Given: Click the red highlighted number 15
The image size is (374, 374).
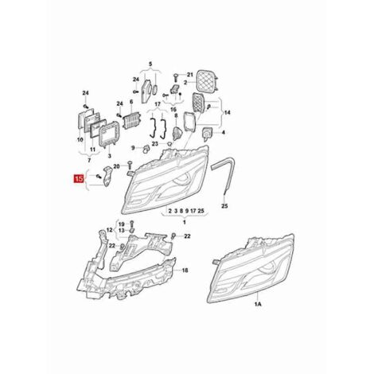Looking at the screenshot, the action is (x=79, y=179).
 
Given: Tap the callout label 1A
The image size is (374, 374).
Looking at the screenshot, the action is (x=258, y=304).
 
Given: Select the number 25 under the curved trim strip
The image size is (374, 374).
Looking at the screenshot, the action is (x=224, y=206).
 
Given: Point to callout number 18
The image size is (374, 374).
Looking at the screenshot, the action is (x=185, y=271).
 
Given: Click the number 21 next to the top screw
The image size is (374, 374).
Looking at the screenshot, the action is (x=190, y=75).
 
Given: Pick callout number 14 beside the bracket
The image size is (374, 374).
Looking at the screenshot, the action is (x=227, y=113).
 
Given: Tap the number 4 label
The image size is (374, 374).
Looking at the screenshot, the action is (x=224, y=132).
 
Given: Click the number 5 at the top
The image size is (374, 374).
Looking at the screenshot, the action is (x=150, y=64).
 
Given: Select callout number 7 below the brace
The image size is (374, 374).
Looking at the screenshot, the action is (x=89, y=160).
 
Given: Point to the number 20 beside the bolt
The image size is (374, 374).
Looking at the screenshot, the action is (x=117, y=166).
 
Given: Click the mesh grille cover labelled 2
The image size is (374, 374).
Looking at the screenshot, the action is (x=207, y=82).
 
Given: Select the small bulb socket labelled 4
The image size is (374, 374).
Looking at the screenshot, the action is (x=206, y=133).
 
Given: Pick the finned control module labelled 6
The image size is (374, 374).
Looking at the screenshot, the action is (x=131, y=119).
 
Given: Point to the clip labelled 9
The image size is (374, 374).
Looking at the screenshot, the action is (x=146, y=150).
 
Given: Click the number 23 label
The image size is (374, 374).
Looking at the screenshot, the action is (x=155, y=143).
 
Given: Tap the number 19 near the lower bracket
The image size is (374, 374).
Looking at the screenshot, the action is (x=121, y=224).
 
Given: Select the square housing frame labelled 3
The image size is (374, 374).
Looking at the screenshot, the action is (x=109, y=135).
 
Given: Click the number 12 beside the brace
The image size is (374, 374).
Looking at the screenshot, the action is (x=110, y=230).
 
